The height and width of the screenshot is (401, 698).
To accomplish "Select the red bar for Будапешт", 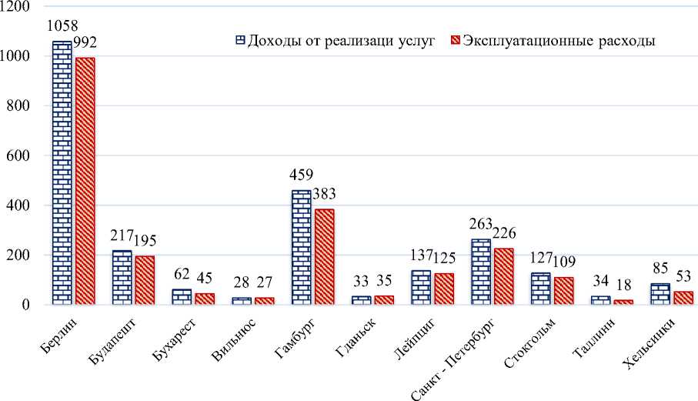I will [x=145, y=280].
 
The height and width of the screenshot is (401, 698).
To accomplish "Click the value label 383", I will [x=324, y=193].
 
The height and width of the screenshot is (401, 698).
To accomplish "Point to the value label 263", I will [x=482, y=224].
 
